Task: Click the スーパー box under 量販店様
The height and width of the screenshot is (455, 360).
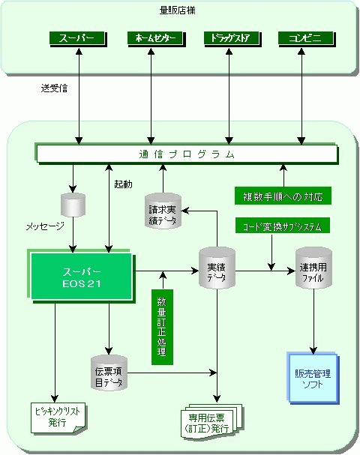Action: pos(78,39)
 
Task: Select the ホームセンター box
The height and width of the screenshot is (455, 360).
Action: pos(156,39)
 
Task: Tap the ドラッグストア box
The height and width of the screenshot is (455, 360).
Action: pos(232,39)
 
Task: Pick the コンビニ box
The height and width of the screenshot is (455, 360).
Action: pos(306,39)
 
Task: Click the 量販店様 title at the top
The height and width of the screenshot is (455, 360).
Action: pos(178,10)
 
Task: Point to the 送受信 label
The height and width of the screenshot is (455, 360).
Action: pos(54,88)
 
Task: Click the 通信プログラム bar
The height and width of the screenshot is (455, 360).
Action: pos(187,154)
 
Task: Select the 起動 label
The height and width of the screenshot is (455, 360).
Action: pos(123,184)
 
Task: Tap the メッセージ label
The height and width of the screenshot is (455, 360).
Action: pos(45,226)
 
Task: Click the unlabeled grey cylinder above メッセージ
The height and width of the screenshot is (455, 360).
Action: pos(73,205)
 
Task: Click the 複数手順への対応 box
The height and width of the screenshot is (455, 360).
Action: pos(283,196)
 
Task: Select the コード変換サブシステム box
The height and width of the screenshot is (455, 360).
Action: pos(283,226)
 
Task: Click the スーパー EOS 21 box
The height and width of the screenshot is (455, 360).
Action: pos(82,277)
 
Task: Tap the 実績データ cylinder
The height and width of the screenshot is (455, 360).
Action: pos(217,268)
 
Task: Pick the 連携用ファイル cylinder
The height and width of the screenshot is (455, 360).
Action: pos(313,268)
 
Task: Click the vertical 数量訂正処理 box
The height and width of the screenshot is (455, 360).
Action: pos(162,327)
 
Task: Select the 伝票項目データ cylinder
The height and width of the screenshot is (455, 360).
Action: pos(109,373)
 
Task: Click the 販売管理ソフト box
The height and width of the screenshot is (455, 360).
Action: pos(313,378)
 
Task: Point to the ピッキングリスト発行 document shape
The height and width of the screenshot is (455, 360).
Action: pos(58,418)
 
